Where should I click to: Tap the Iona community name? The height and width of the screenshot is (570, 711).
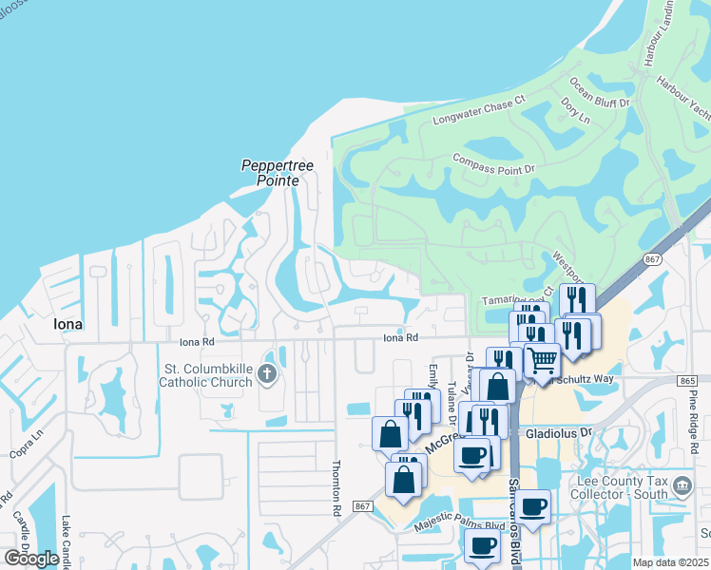tap(63, 324)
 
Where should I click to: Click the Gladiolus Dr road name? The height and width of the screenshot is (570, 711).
tap(558, 431)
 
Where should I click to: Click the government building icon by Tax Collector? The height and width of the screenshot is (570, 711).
tap(682, 487)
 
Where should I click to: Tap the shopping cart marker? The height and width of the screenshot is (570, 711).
tap(542, 360)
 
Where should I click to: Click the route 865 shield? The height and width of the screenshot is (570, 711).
tap(688, 380)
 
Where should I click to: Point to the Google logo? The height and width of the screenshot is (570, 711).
tap(31, 559)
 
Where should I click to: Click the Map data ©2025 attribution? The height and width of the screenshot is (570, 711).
tap(671, 562)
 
